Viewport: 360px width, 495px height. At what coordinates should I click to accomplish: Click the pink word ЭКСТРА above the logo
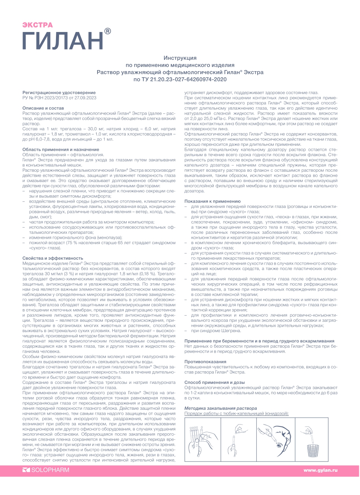pyautogui.click(x=37, y=25)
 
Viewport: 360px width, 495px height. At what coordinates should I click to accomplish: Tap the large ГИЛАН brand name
pyautogui.click(x=62, y=41)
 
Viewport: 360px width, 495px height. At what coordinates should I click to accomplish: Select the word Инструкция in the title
pyautogui.click(x=180, y=58)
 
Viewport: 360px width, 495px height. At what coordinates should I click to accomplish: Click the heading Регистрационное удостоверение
pyautogui.click(x=59, y=93)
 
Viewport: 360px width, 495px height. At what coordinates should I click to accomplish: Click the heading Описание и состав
pyautogui.click(x=43, y=109)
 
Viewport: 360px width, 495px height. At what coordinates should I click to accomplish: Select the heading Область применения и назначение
pyautogui.click(x=61, y=150)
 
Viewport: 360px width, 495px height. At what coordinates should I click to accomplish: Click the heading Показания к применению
pyautogui.click(x=212, y=201)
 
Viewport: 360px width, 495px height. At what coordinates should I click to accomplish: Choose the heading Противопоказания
pyautogui.click(x=205, y=361)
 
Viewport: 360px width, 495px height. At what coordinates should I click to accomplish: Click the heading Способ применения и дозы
pyautogui.click(x=214, y=382)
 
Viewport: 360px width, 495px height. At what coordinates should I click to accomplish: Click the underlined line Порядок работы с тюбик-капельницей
pyautogui.click(x=236, y=414)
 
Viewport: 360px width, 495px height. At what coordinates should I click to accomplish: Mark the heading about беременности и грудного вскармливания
pyautogui.click(x=259, y=341)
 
